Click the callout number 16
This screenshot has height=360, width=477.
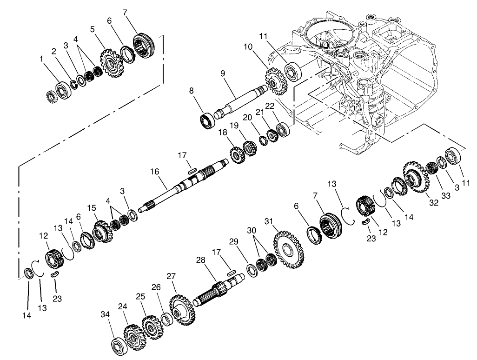click(x=154, y=172)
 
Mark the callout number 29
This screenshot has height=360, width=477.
click(x=233, y=241)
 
